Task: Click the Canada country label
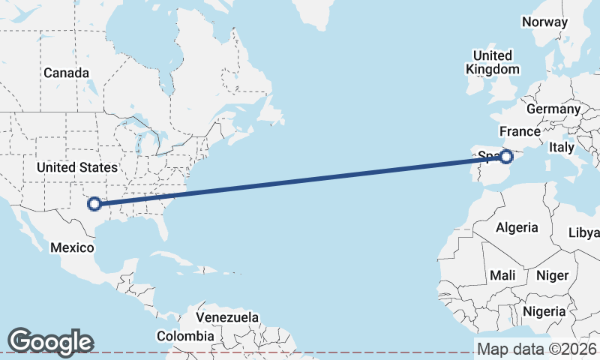point(66,73)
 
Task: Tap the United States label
point(77,167)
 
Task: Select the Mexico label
point(72,247)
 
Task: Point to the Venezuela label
point(228,317)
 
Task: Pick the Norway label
point(544,22)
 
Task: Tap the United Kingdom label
point(492,62)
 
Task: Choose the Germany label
point(553,109)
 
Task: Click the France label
point(520,131)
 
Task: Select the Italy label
point(561,147)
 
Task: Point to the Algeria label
point(517,227)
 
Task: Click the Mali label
point(502,276)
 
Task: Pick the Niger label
point(552,276)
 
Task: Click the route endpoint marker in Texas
point(94,203)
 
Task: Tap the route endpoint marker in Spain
point(506,157)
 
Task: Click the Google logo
point(50,341)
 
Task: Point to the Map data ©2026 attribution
point(536,349)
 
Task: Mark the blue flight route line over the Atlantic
point(300,180)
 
